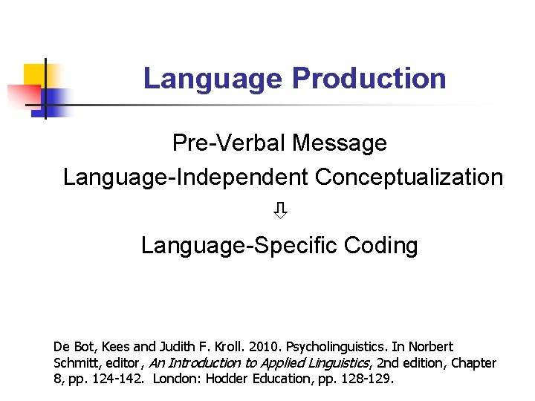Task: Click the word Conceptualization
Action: pos(409,177)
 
